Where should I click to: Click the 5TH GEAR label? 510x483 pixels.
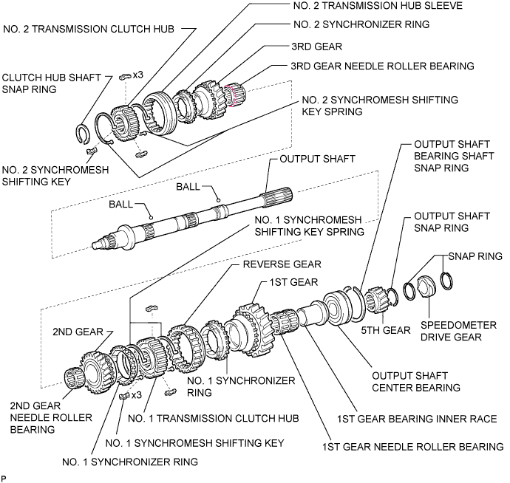(x=385, y=330)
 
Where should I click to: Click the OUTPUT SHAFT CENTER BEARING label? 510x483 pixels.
(x=416, y=380)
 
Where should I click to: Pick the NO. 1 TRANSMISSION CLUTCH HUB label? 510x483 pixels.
(x=213, y=418)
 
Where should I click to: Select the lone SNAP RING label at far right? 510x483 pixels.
(x=475, y=256)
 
